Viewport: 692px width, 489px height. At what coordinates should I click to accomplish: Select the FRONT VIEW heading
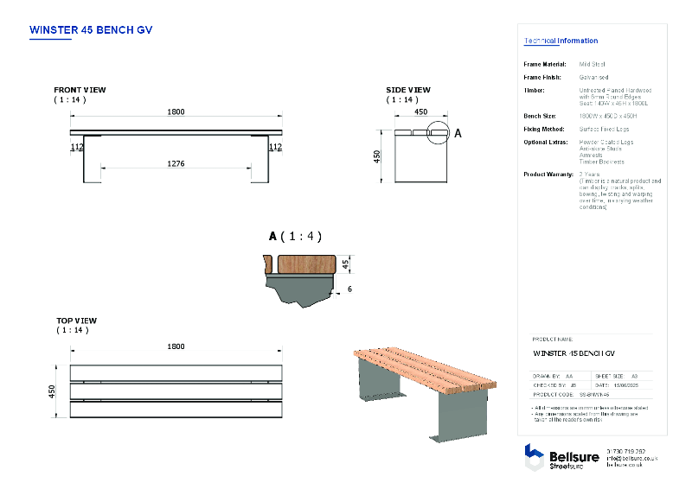tap(80, 90)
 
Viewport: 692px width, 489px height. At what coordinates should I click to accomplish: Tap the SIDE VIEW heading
tap(407, 90)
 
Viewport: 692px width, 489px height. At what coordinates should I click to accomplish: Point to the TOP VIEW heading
tap(76, 321)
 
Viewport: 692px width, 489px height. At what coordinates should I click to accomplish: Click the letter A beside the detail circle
tap(458, 134)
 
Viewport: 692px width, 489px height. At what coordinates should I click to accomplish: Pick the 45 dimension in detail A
tap(345, 264)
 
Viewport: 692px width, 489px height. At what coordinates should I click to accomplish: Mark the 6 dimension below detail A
tap(349, 289)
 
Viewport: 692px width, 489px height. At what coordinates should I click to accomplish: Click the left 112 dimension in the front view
tap(77, 148)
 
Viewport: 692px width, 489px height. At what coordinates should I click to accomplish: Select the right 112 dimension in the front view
tap(275, 148)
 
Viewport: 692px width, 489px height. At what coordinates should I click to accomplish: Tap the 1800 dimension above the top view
tap(176, 346)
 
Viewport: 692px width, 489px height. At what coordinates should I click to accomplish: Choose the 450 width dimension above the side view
tap(420, 111)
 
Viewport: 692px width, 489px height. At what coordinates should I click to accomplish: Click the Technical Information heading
tap(561, 41)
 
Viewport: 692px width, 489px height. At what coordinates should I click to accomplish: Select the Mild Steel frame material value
tap(592, 64)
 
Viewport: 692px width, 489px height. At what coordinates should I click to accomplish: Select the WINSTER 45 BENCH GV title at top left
tap(91, 29)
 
